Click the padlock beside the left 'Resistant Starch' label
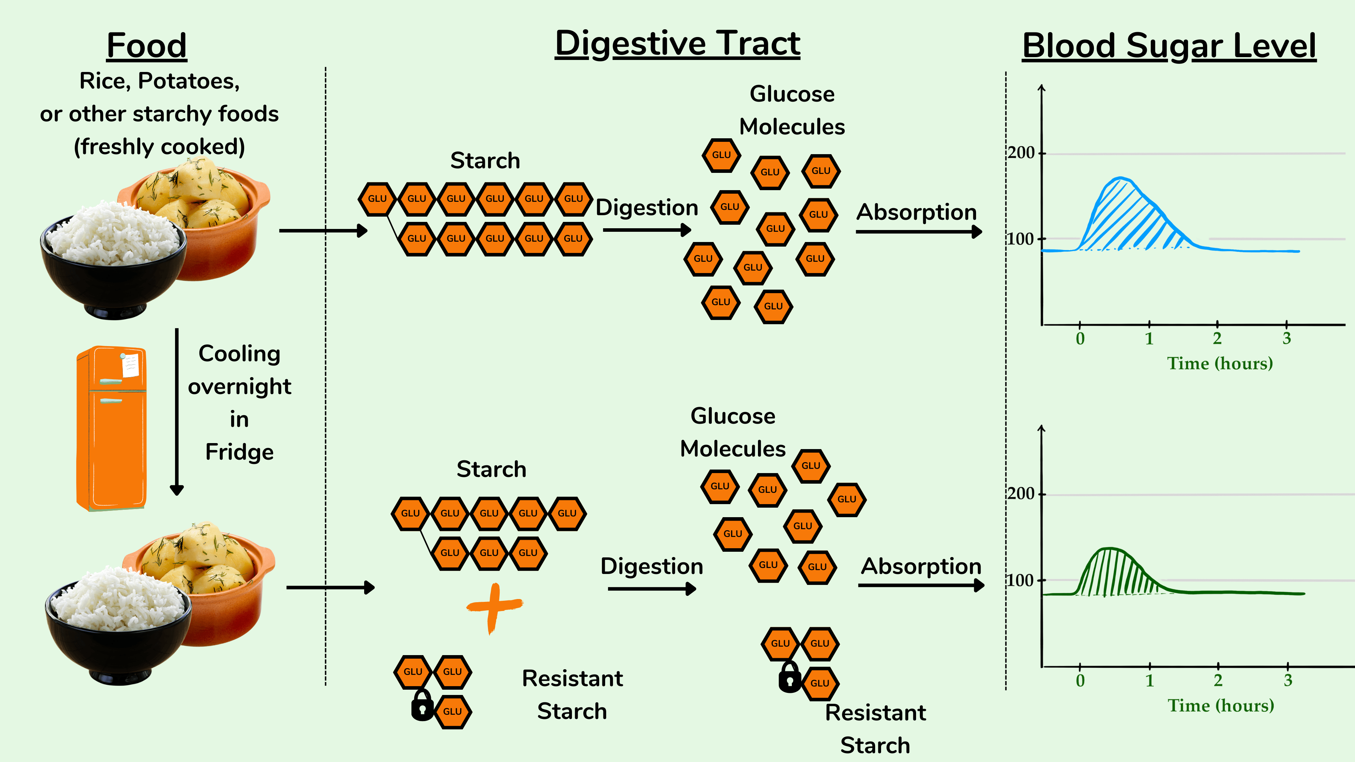tap(422, 706)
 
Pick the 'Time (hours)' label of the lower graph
tap(1221, 705)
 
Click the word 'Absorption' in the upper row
tap(916, 212)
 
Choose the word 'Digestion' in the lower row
tap(652, 566)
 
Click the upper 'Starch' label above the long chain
tap(485, 161)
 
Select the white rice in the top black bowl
tap(113, 234)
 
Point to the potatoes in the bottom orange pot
tap(200, 557)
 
